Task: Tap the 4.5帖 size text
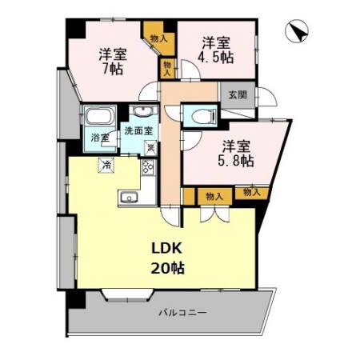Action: point(217,57)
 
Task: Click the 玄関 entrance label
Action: point(238,94)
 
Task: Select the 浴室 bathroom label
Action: point(100,138)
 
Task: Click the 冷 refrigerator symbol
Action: point(106,166)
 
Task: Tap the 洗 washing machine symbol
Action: point(150,146)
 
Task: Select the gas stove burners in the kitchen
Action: point(148,167)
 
